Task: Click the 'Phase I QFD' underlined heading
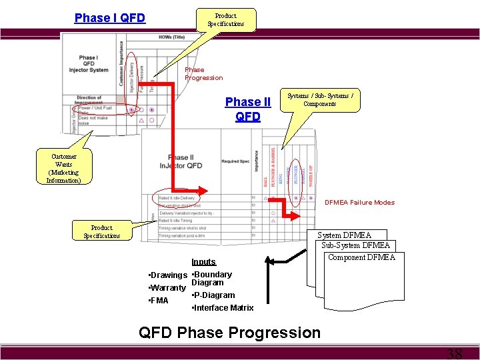coord(109,18)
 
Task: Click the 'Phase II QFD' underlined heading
coord(248,109)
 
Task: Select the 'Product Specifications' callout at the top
coord(225,20)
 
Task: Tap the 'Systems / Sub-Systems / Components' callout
coord(320,100)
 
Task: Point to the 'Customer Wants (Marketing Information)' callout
coord(63,168)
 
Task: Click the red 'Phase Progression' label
coord(203,73)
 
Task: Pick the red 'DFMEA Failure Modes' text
coord(359,203)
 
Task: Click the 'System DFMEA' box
coord(344,235)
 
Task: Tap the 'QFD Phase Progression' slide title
coord(229,332)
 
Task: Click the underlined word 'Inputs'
coord(203,262)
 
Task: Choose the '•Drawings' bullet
coord(167,275)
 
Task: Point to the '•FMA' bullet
coord(158,301)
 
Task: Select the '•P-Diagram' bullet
coord(213,295)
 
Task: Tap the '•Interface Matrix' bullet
coord(222,308)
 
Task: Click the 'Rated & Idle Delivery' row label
coord(177,198)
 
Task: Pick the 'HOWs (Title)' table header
coord(172,37)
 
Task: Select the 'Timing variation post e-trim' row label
coord(183,235)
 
